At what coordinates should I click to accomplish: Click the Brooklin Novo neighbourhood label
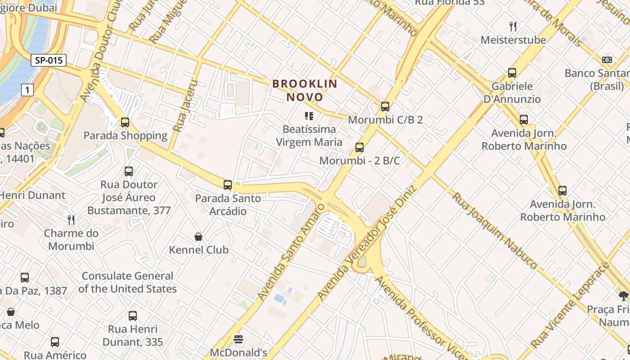coord(305,90)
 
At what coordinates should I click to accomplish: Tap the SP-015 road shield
coord(49,60)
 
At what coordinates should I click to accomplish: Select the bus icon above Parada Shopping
coord(125,122)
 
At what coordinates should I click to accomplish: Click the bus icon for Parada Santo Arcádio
coord(228,184)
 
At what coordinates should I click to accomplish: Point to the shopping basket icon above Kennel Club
coord(198,236)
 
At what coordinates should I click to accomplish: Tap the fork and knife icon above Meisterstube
coord(513,27)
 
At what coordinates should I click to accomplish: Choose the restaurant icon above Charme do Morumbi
coord(71,220)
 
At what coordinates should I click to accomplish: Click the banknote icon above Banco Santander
coord(607,59)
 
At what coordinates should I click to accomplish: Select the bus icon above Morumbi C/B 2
coord(385,107)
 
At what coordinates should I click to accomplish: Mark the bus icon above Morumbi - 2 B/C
coord(360,147)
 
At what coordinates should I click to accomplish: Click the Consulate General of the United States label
coord(127,282)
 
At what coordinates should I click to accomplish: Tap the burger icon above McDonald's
coord(238,339)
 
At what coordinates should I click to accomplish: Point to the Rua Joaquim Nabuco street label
coord(495,230)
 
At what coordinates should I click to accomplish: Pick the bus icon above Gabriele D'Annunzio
coord(512,72)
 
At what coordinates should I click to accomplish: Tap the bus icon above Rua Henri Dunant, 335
coord(133,315)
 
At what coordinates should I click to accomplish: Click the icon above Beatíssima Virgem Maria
coord(309,116)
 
